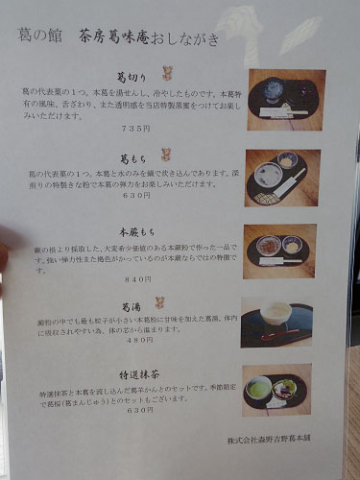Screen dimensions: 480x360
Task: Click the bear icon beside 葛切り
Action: coord(165,71)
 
